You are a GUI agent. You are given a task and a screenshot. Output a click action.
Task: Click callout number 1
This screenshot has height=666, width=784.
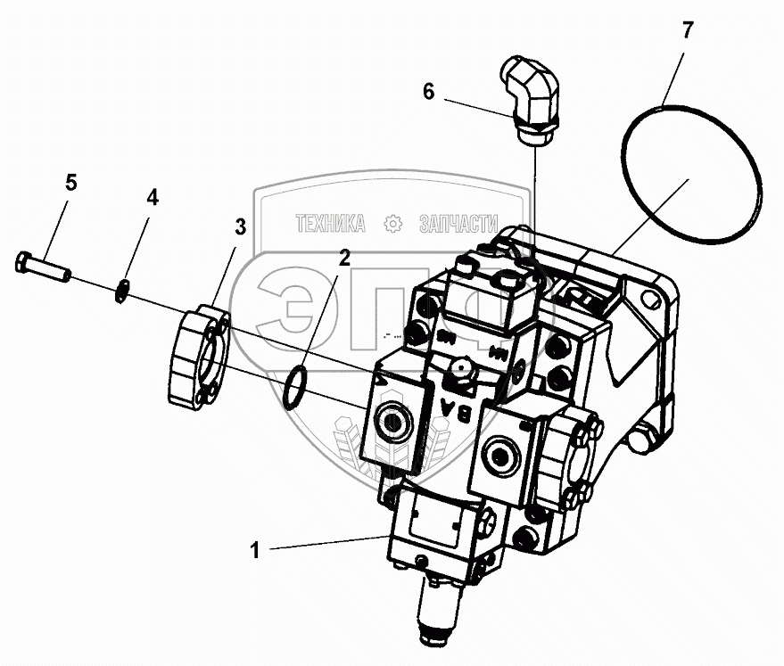tap(254, 551)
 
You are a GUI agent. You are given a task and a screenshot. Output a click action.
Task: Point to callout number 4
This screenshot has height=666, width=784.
tap(153, 198)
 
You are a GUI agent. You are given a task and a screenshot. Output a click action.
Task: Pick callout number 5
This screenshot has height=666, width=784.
tap(70, 183)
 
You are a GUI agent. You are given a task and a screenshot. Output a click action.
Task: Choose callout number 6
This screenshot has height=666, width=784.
tap(428, 92)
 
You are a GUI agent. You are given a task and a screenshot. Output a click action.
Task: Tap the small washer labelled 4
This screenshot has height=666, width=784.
tap(125, 290)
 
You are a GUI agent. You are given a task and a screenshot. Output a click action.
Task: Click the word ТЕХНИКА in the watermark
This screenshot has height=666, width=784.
tap(331, 224)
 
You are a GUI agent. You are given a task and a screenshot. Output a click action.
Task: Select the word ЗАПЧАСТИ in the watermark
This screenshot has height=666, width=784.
tap(458, 224)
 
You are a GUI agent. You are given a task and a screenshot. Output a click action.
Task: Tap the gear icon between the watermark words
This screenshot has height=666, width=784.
tap(392, 224)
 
